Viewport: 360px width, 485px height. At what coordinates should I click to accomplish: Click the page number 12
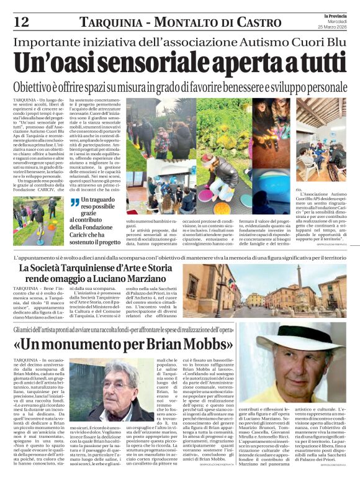tap(21, 22)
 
